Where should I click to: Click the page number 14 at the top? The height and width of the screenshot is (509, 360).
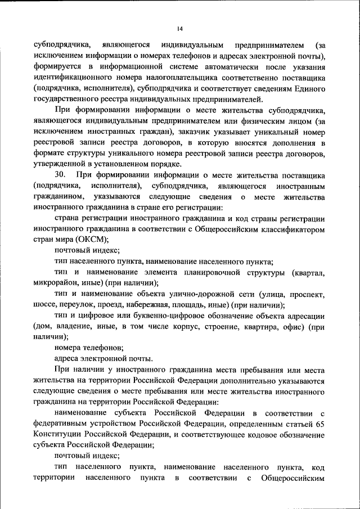180,29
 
